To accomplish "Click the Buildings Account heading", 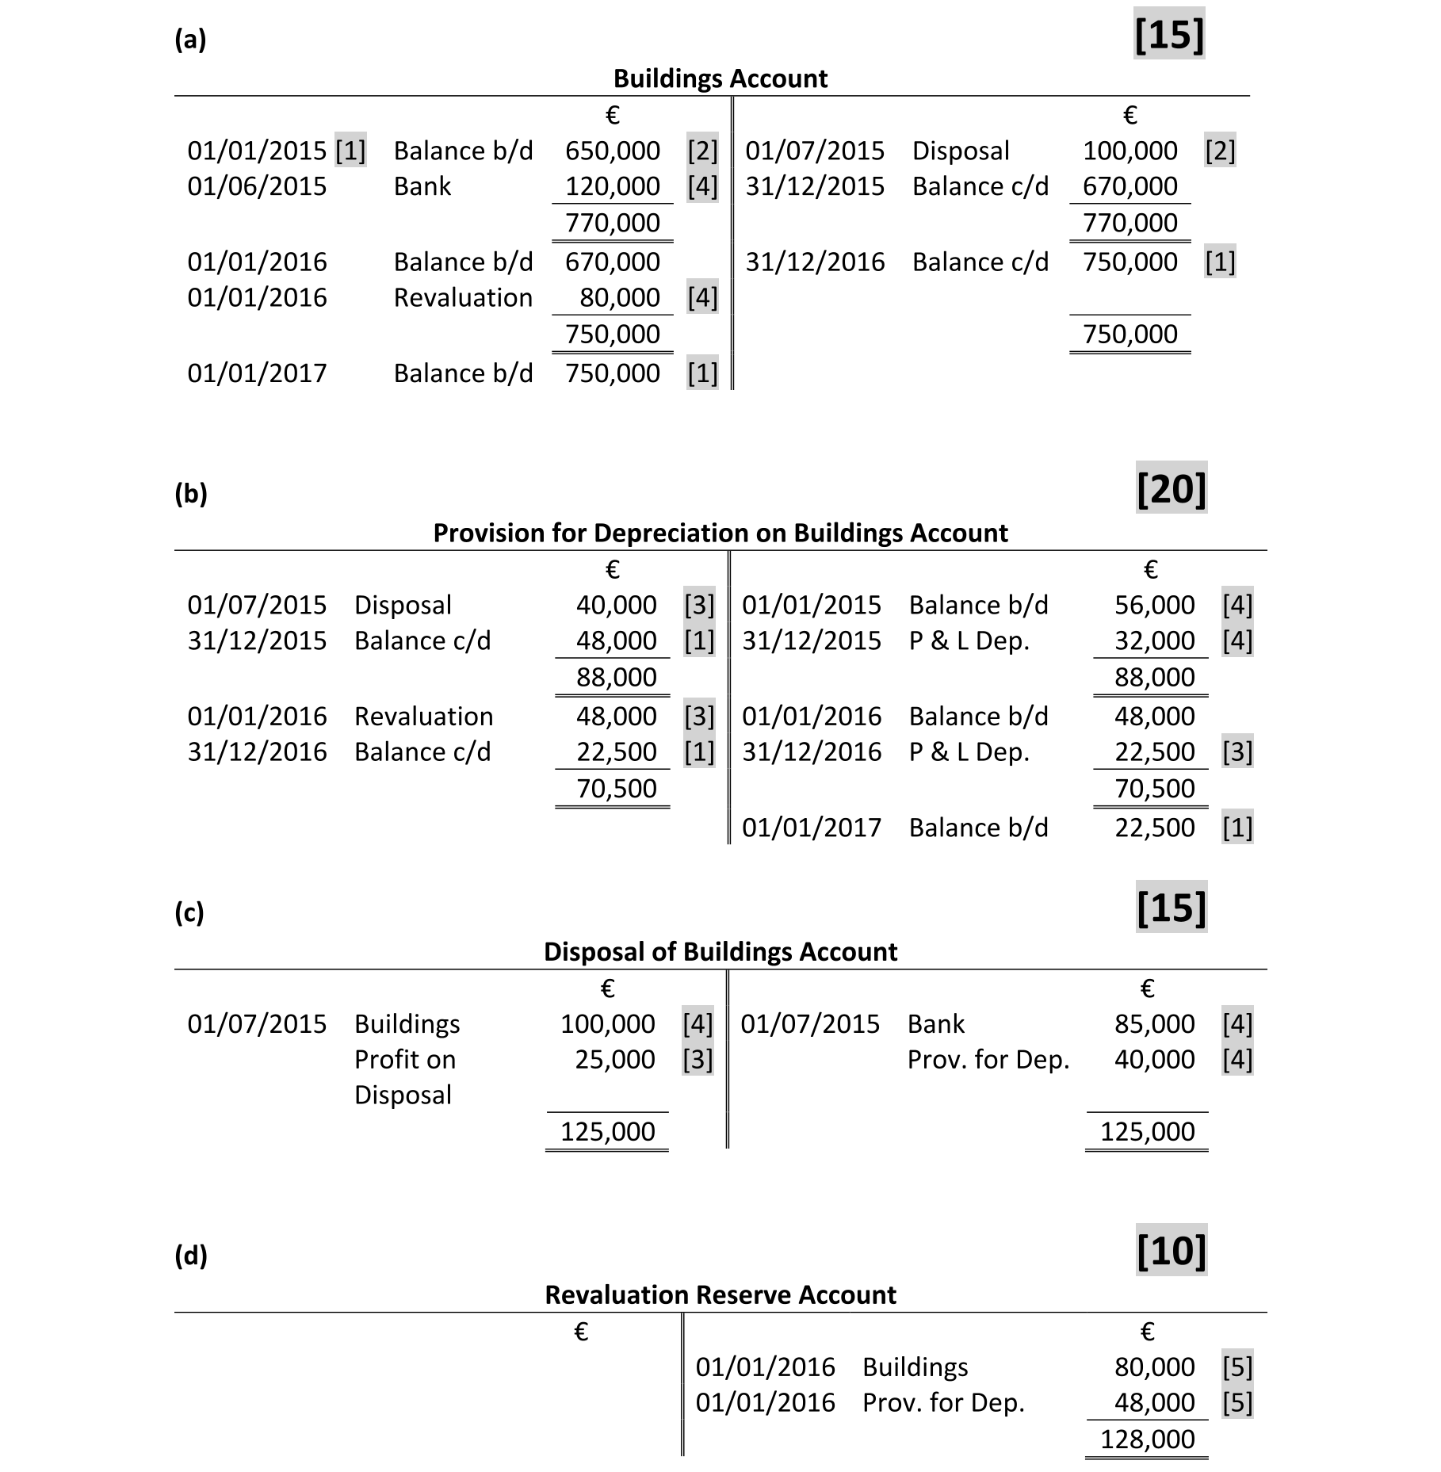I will [x=720, y=78].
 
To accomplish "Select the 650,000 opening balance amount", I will [x=612, y=151].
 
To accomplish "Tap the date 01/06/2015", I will [x=257, y=186].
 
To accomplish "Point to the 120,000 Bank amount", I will [x=612, y=186].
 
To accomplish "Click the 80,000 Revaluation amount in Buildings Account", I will [x=619, y=297].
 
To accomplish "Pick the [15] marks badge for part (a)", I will [x=1169, y=34].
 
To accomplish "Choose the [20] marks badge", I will [x=1171, y=488].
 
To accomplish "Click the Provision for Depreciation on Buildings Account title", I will [x=720, y=533].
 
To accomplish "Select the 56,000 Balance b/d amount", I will [x=1154, y=605].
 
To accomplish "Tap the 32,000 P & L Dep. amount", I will [x=1154, y=640].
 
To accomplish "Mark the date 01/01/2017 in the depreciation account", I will [x=811, y=828].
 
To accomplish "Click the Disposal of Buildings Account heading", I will [x=720, y=951].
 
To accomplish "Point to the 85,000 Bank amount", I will [x=1154, y=1024].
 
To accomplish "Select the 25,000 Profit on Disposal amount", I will [x=614, y=1060].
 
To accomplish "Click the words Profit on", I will [x=404, y=1060].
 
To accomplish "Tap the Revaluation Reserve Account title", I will [x=720, y=1294].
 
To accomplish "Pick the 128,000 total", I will [x=1147, y=1439].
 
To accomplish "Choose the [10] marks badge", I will [x=1171, y=1250].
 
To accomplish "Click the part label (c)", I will [x=189, y=912].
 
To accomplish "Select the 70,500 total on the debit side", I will [x=616, y=789].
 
